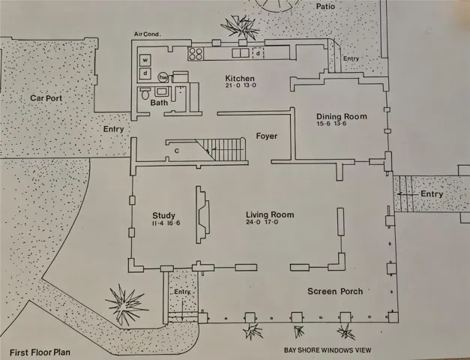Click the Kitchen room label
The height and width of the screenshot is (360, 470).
pos(240,79)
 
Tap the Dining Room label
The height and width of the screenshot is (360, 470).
pos(342,116)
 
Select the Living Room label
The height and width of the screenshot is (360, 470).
pos(270,214)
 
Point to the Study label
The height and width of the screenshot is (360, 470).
pos(163,215)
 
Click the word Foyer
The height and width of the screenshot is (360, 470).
pos(266,136)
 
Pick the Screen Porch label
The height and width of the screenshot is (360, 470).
pos(335,291)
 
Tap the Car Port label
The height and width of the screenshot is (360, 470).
pos(46,98)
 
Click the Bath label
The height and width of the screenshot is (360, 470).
pos(159,103)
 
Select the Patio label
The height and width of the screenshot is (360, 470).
pos(325,6)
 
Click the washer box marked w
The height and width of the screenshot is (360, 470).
pos(145,60)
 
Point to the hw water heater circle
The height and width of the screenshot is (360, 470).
pos(163,77)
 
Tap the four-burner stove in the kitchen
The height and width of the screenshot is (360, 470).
pos(196,54)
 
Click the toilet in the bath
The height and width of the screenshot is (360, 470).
pos(145,94)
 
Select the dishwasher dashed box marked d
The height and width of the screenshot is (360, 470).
pos(258,53)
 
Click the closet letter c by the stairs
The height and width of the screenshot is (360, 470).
pos(177,151)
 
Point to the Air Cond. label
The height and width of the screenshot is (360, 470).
pos(147,34)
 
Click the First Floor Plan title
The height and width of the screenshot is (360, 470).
pos(40,352)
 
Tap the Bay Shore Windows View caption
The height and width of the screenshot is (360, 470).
pos(328,349)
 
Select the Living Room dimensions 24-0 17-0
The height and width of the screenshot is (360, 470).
pos(262,222)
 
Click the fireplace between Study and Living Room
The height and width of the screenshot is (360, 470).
pos(202,214)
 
